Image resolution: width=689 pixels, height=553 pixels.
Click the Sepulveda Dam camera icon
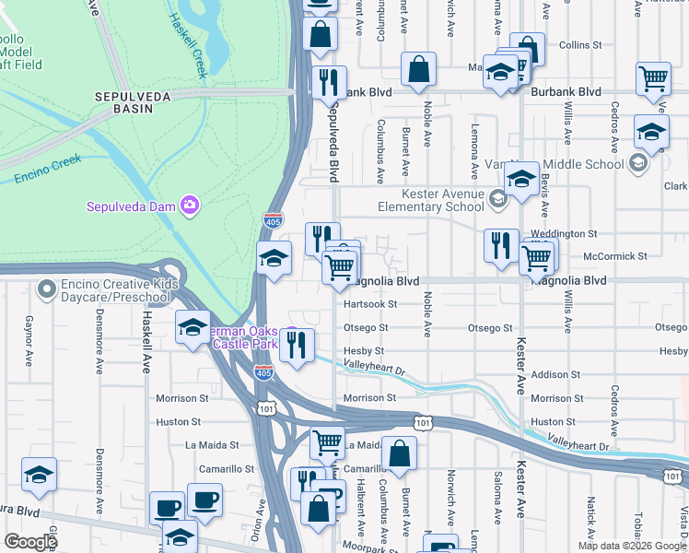coord(190,205)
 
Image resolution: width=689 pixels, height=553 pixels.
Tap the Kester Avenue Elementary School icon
coord(498,200)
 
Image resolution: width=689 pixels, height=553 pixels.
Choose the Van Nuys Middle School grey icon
coord(637,164)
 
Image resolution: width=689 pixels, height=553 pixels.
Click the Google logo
coord(30,542)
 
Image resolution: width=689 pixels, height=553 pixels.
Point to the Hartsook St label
coord(368,303)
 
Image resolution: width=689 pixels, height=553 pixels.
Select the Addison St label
coord(552,375)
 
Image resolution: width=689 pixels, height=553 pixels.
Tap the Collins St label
coord(580,44)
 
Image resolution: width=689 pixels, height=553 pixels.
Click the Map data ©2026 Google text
coord(631,546)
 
